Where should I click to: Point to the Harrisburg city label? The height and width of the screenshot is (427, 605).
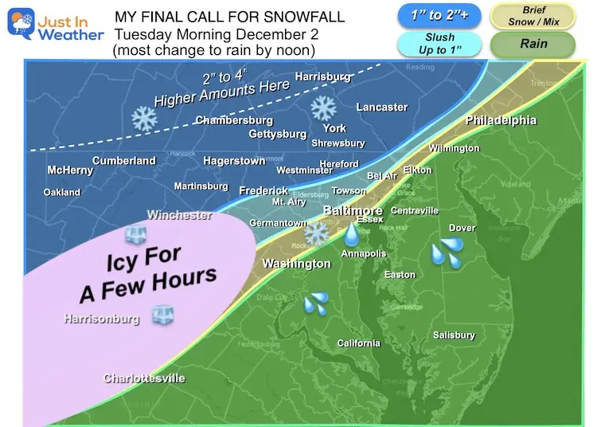pyautogui.click(x=322, y=77)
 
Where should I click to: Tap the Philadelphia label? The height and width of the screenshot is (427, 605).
pyautogui.click(x=501, y=121)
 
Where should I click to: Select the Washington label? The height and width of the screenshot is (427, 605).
pyautogui.click(x=297, y=264)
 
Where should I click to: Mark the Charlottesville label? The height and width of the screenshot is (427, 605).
pyautogui.click(x=144, y=378)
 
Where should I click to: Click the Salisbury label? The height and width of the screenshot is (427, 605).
pyautogui.click(x=454, y=335)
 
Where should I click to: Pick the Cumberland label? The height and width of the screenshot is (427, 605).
pyautogui.click(x=123, y=161)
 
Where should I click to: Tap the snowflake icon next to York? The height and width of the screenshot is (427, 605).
pyautogui.click(x=323, y=108)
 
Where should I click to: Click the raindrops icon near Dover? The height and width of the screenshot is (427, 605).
pyautogui.click(x=447, y=254)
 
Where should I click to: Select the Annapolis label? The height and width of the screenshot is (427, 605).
pyautogui.click(x=363, y=254)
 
